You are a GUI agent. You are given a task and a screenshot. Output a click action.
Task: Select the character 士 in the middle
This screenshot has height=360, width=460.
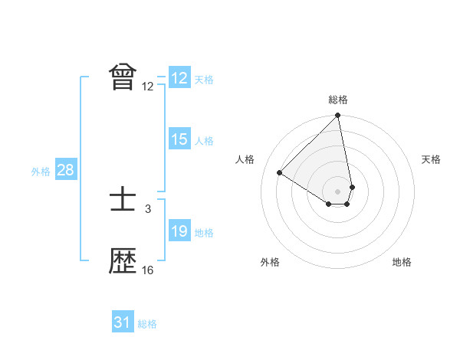pos(123,201)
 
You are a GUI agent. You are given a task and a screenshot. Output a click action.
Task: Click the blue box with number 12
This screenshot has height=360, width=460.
pos(179,78)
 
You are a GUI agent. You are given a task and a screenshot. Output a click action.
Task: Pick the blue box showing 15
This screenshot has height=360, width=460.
pos(179,140)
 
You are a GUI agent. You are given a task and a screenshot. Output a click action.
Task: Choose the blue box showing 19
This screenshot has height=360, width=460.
pos(179,232)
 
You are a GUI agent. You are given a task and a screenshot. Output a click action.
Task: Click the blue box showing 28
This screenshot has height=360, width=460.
pos(65,170)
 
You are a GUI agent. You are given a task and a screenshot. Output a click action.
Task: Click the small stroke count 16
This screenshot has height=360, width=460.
pos(148,270)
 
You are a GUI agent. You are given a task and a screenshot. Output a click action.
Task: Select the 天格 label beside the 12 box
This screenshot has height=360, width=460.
pos(204,80)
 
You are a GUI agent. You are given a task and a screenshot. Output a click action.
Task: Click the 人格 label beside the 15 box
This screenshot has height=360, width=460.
pos(204,141)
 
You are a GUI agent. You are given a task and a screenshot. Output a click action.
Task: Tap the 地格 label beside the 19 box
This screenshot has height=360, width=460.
pos(204,233)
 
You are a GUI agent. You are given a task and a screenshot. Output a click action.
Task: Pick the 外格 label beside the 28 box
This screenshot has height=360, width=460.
pos(41,172)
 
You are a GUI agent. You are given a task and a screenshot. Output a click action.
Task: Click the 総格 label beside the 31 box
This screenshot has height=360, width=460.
pos(147,324)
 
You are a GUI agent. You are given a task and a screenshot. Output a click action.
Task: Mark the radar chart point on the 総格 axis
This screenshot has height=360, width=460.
pos(338,116)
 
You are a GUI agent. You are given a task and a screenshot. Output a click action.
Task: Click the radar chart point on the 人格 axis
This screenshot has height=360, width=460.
pos(280,173)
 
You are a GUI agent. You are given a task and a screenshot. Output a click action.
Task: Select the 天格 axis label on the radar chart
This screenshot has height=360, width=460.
pos(432,159)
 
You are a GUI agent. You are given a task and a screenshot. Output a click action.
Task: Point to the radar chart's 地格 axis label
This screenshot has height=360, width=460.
pos(402,262)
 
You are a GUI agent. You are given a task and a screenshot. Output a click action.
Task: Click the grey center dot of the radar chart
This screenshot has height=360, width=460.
pos(338,191)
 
